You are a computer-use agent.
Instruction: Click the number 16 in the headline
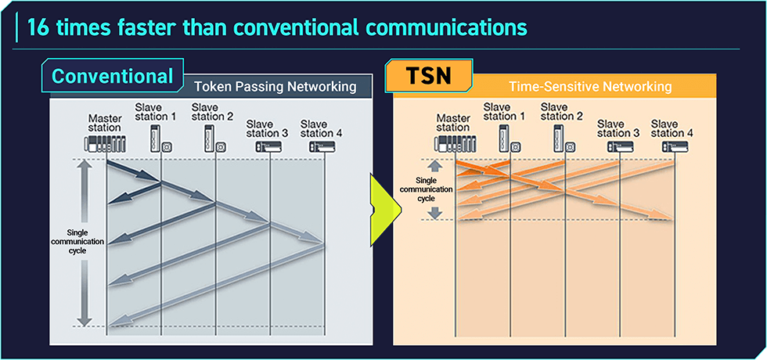(39, 28)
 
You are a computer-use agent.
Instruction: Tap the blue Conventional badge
(112, 76)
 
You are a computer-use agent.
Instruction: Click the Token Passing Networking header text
(275, 87)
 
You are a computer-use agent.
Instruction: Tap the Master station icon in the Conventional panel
(105, 144)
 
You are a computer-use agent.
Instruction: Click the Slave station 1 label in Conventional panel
(156, 112)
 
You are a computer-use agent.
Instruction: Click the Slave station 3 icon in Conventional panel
(268, 146)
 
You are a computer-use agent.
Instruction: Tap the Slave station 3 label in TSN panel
(618, 128)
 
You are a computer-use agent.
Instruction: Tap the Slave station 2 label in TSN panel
(562, 112)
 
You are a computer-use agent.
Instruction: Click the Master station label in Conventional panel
(105, 123)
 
